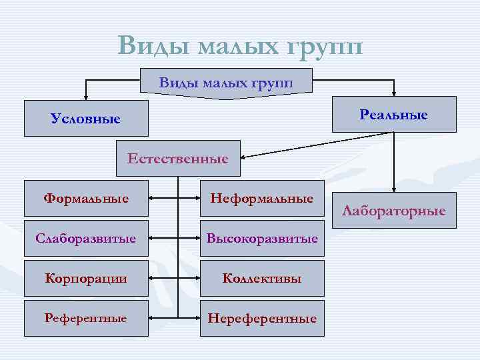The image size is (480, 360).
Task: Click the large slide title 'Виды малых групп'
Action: (x=240, y=46)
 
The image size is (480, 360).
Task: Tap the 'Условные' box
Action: (x=86, y=119)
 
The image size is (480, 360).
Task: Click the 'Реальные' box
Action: (x=394, y=115)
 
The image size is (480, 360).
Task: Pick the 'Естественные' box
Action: (x=177, y=159)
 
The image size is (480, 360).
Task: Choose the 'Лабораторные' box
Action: (x=394, y=211)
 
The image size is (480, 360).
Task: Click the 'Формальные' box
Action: (x=86, y=198)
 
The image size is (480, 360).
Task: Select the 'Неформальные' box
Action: (x=261, y=198)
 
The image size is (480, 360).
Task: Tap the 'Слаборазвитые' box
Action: (x=86, y=238)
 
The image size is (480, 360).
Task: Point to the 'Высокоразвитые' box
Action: (x=261, y=238)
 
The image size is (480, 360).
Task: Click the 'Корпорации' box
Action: (x=86, y=278)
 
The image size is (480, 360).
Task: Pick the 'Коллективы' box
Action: (x=261, y=278)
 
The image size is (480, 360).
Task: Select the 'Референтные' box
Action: (x=86, y=318)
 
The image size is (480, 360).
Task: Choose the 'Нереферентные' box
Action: (x=261, y=318)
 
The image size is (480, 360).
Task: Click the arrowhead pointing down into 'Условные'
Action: (x=85, y=97)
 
